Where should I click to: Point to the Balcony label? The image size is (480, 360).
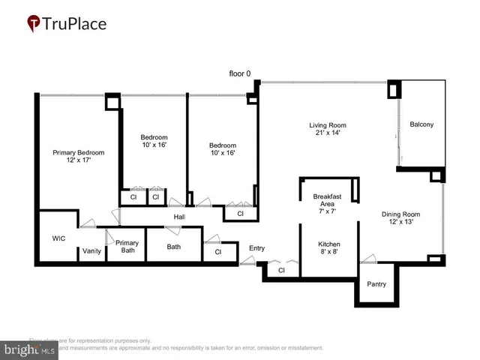point(421,124)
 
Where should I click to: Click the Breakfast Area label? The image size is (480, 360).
point(327,200)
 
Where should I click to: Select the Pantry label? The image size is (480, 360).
point(376,284)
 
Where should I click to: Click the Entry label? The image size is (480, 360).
point(257,248)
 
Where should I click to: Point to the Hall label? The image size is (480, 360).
point(179,217)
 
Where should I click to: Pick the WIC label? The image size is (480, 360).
point(59,239)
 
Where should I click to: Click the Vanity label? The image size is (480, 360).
point(92,251)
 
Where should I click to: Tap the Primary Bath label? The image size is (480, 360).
point(127,247)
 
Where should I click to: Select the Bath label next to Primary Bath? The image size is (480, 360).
point(173,246)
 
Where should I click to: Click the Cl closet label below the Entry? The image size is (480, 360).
point(281,270)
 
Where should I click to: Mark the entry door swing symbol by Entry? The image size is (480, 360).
point(248,261)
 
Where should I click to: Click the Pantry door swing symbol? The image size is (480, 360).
point(367,259)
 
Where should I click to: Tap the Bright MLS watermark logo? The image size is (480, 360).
point(30,349)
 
